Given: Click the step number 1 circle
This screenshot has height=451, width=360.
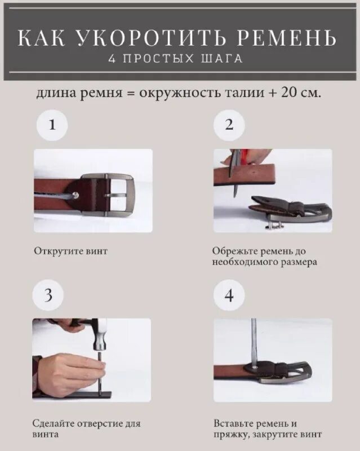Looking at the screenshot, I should pos(52,125).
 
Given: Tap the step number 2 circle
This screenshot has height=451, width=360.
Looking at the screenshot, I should pos(229,125).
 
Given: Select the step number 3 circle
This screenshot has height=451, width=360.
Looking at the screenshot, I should pos(48,296).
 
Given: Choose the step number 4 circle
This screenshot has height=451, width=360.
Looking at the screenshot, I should pos(229,296).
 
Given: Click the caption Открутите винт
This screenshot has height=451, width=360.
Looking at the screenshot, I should pos(70,251).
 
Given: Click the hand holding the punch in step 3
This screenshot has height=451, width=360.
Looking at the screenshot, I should pos(68,369).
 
